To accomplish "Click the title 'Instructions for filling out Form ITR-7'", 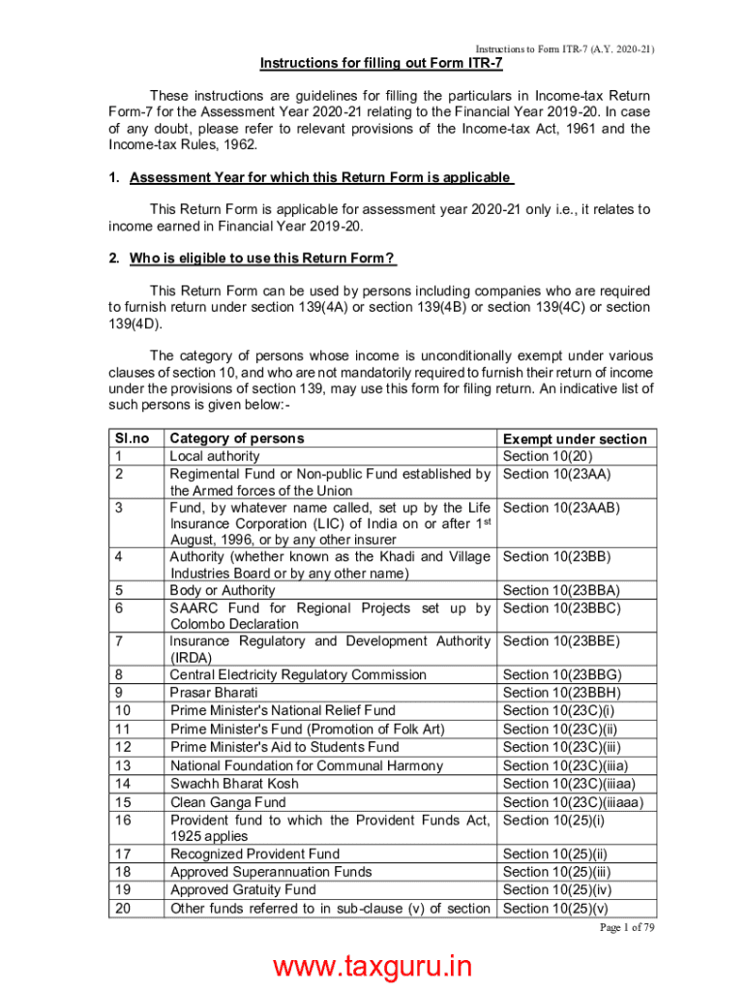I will click(381, 64).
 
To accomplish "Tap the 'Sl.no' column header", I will click(131, 438).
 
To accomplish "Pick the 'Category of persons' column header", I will click(237, 438).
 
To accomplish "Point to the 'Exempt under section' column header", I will click(575, 439).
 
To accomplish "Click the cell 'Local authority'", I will click(215, 456).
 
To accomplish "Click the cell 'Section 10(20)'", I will click(548, 456).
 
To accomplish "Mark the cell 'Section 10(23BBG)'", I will click(562, 675).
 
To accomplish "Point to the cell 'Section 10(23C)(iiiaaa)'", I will click(573, 802).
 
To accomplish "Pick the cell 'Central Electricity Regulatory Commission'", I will click(298, 675).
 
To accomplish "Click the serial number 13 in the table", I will click(122, 766).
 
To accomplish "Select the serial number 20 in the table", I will click(122, 908).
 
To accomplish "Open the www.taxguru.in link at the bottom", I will click(372, 968).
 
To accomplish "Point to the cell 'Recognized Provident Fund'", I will click(254, 854).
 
